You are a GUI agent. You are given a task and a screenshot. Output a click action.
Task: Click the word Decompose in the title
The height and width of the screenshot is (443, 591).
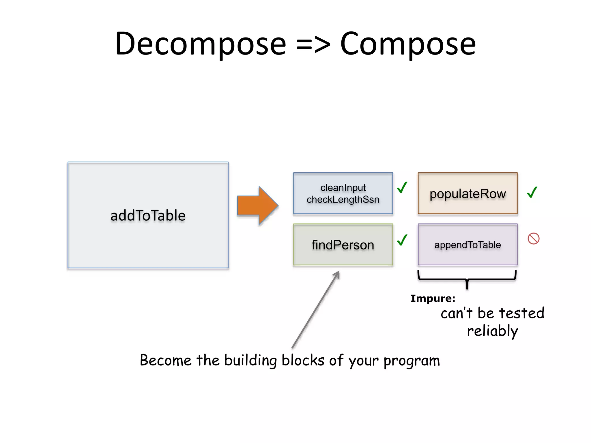201,44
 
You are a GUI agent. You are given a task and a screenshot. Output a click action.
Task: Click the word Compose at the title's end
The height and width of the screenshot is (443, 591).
408,44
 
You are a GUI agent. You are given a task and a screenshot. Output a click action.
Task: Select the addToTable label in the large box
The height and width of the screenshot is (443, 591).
148,216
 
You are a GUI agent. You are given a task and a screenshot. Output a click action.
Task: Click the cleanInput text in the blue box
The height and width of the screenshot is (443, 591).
343,188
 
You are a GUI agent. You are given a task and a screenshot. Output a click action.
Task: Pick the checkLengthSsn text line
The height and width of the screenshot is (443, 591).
343,200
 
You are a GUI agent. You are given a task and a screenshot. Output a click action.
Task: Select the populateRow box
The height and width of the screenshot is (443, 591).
467,193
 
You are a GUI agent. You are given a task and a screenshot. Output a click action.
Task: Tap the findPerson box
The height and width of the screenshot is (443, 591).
343,245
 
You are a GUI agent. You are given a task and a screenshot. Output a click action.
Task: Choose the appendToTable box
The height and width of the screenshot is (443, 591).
467,245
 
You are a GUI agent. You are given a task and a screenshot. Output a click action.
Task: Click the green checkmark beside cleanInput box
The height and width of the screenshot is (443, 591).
402,187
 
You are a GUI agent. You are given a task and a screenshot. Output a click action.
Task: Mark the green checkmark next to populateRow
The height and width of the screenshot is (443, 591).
532,192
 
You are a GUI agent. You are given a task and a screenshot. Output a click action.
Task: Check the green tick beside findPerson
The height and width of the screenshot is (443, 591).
402,240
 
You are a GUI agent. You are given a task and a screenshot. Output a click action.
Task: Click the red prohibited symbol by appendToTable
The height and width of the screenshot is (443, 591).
533,239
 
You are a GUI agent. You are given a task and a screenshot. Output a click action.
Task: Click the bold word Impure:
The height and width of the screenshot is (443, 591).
433,299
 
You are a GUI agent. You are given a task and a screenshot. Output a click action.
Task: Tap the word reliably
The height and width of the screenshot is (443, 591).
492,331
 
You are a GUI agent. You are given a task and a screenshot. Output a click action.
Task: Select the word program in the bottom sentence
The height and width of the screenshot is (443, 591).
412,361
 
